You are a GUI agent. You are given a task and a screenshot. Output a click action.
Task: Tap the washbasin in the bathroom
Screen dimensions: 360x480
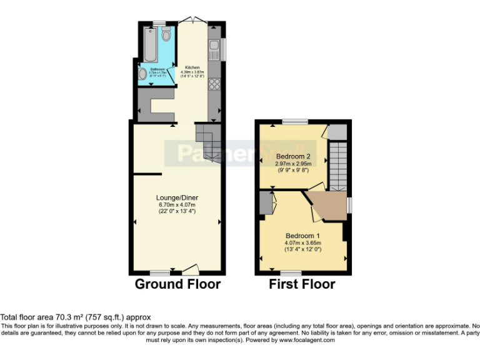143,74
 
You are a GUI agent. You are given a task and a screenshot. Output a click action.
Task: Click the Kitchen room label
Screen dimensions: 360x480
191,66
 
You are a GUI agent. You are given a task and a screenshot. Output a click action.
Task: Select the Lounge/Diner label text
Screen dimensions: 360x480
176,198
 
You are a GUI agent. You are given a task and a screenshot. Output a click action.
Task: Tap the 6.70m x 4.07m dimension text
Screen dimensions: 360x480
176,205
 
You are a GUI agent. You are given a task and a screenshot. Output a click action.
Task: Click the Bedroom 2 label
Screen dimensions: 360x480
293,156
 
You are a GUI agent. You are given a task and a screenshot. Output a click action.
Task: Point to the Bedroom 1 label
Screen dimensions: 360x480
302,236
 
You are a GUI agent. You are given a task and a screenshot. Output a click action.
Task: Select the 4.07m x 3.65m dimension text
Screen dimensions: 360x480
302,242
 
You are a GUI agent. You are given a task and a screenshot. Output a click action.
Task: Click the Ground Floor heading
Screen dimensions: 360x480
178,284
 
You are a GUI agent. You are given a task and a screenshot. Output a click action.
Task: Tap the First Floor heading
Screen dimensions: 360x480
302,284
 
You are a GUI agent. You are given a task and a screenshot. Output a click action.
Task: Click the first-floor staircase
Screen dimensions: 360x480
337,165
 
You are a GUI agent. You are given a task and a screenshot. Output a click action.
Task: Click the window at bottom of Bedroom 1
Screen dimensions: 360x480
291,273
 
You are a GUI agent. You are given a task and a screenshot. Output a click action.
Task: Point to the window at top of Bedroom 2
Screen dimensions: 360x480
294,121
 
